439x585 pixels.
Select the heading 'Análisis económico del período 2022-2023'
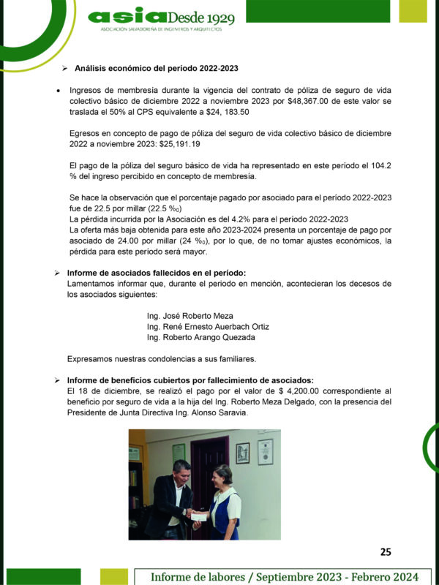tap(157, 69)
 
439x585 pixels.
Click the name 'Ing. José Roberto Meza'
tap(190, 315)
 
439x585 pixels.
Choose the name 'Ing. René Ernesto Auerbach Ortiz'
tap(208, 326)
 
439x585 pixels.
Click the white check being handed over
tap(198, 517)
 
